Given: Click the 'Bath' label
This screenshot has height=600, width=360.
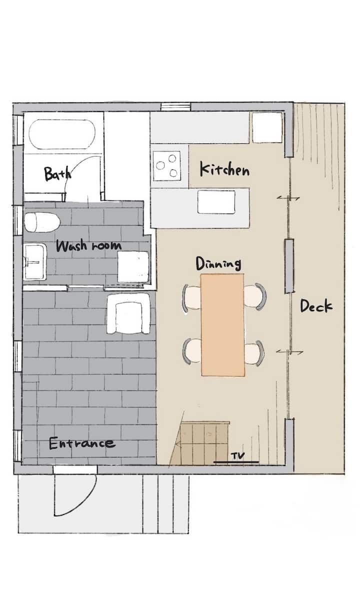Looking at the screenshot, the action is tap(58, 173).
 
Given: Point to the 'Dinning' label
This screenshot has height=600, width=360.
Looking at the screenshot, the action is tap(218, 264).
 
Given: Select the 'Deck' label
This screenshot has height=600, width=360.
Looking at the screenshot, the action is tap(316, 306).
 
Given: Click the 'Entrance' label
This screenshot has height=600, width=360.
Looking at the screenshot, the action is tap(82, 443).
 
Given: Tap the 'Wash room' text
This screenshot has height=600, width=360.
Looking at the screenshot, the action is tap(88, 245).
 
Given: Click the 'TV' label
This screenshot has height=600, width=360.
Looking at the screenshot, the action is tap(237, 455).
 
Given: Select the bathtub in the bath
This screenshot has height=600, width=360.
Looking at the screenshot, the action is tap(62, 134).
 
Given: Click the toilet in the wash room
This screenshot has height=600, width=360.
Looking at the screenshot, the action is tap(42, 222).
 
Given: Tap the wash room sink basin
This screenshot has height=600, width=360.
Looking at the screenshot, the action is tap(35, 261).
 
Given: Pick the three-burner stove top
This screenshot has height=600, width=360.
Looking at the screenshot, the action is tap(167, 166).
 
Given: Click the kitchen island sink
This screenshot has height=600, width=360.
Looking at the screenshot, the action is tap(216, 202).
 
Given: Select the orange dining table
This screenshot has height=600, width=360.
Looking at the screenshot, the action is tap(222, 325).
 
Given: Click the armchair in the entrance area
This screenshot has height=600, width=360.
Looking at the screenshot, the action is tap(128, 313).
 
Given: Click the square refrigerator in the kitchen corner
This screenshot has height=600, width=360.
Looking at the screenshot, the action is tap(267, 127).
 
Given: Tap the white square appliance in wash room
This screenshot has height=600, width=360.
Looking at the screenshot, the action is tap(133, 267).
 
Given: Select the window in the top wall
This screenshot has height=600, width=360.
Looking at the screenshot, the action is tap(175, 107).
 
